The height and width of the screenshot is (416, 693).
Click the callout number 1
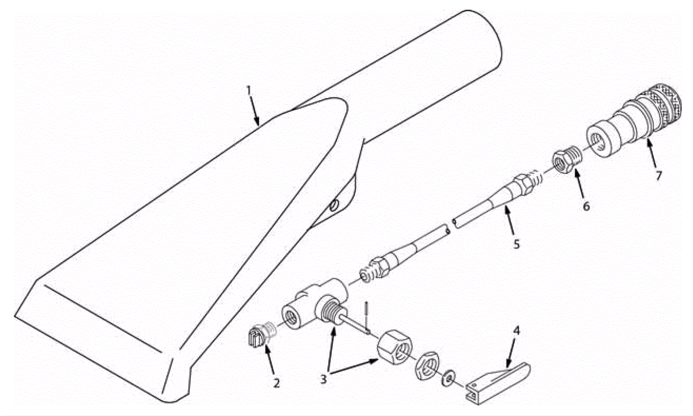click(249, 90)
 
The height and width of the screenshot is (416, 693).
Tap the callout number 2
click(276, 383)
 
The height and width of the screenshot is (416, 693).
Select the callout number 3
click(324, 379)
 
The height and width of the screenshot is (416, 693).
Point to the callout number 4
click(516, 331)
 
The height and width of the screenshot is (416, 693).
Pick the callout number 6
click(586, 206)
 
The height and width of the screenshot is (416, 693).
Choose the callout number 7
click(659, 175)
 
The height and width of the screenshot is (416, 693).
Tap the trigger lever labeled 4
click(498, 383)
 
